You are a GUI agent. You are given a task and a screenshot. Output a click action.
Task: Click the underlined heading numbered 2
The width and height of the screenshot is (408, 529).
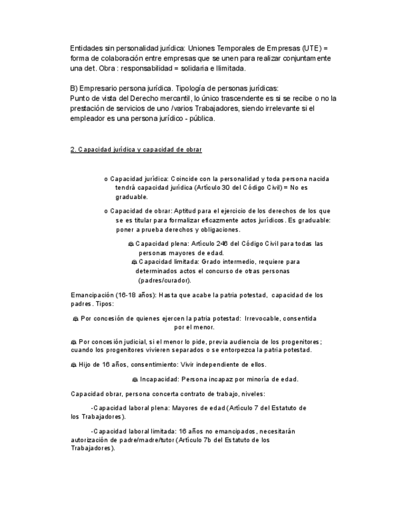tap(136, 150)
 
